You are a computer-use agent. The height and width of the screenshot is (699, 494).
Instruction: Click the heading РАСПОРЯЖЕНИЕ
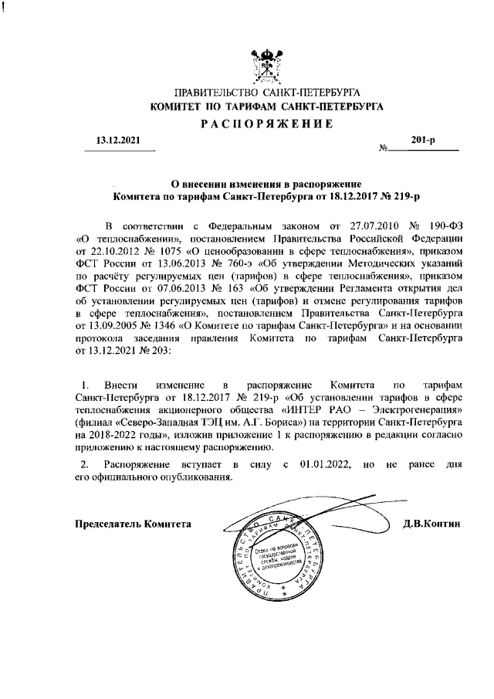[x=266, y=124]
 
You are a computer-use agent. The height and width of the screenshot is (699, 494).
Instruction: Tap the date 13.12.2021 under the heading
[x=113, y=141]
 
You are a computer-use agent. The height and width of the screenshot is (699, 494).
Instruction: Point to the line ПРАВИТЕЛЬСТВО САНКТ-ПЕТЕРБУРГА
[x=266, y=93]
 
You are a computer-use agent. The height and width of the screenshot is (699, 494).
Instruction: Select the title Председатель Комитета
[x=132, y=524]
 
